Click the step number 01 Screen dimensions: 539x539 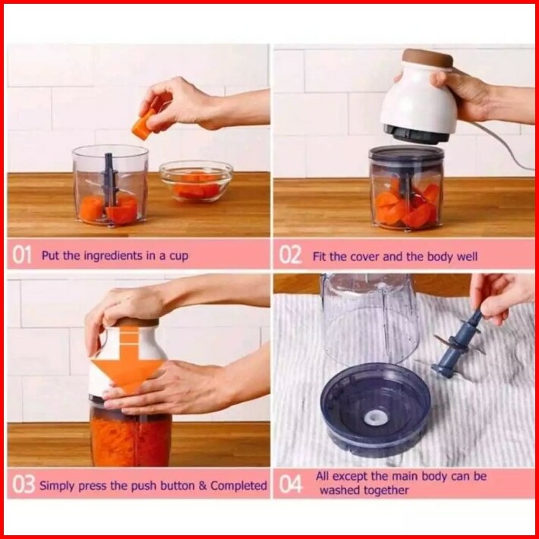(21, 255)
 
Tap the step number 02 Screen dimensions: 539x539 (290, 255)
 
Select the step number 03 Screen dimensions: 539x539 (23, 484)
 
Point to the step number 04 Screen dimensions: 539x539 (291, 484)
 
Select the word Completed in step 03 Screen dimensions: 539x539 (238, 485)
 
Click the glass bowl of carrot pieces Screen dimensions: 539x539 (196, 181)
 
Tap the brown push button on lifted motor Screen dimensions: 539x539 (428, 58)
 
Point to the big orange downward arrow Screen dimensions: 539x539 (128, 358)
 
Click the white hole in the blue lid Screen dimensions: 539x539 (377, 418)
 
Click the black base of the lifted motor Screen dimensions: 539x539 (416, 134)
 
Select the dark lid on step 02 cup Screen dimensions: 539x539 (406, 153)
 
